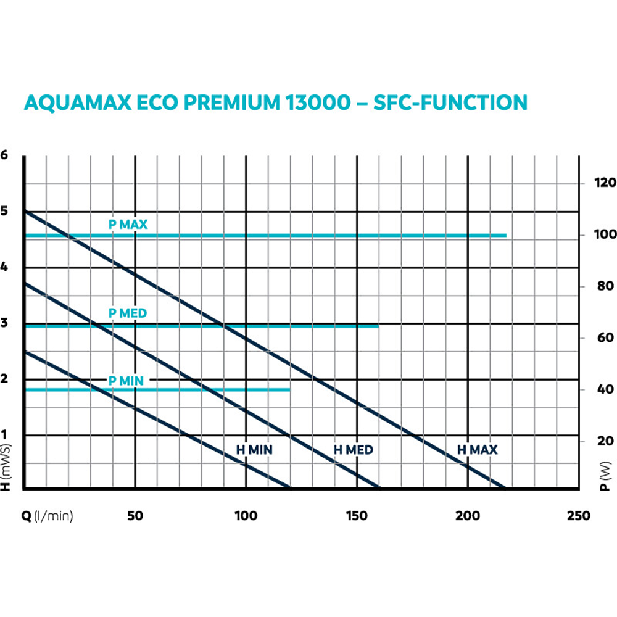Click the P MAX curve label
click(128, 225)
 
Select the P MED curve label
click(128, 313)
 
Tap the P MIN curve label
click(126, 381)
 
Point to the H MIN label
click(254, 450)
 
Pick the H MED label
click(354, 450)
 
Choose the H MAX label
click(477, 450)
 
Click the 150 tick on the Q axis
click(357, 516)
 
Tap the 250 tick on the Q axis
click(578, 516)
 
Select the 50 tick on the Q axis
click(135, 516)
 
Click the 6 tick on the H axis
click(5, 155)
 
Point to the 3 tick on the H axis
click(5, 323)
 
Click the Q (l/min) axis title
click(48, 516)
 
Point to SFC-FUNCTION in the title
click(450, 103)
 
